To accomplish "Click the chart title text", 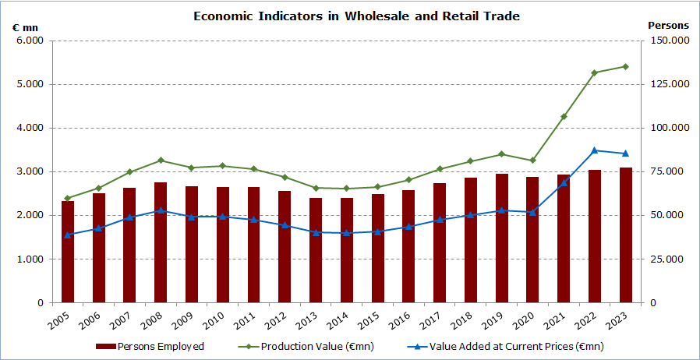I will click(x=356, y=16).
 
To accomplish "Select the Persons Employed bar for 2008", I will click(x=161, y=242).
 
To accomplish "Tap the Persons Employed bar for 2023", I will click(x=625, y=235).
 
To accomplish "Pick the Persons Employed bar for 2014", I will click(x=347, y=250).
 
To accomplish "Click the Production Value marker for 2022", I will click(x=594, y=72).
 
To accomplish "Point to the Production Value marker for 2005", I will click(x=68, y=198).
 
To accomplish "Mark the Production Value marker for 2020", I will click(x=532, y=161).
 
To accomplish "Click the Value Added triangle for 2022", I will click(x=594, y=150).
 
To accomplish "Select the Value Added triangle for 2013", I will click(x=316, y=232).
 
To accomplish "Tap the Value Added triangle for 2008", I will click(x=161, y=210).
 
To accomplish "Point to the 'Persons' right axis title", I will click(x=668, y=26).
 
